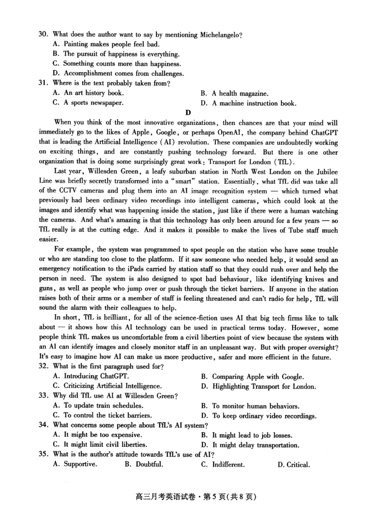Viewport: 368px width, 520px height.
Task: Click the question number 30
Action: click(44, 34)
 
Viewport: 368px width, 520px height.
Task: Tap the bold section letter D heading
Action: click(188, 113)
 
